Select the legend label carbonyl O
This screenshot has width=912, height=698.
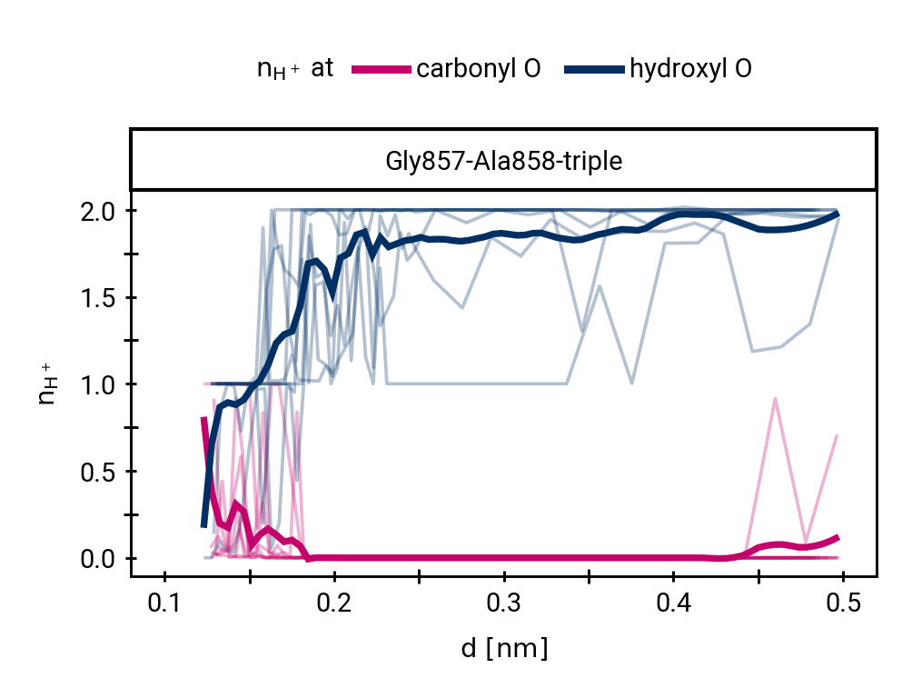click(478, 70)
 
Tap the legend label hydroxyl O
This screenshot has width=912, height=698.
click(689, 70)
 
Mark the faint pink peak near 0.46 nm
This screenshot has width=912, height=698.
click(775, 398)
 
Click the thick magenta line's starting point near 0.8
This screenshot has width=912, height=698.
click(203, 419)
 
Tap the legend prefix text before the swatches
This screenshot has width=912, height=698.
click(295, 70)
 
